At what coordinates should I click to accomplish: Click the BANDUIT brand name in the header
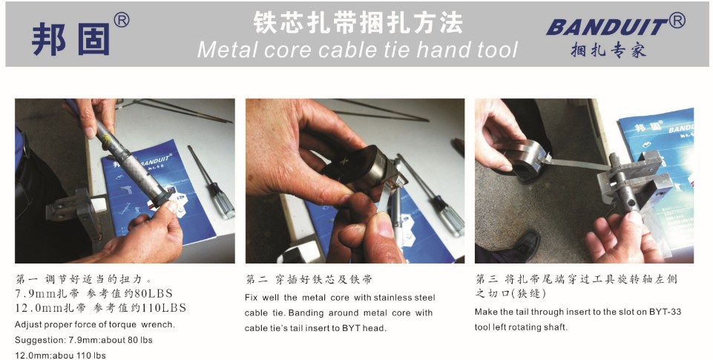click(607, 27)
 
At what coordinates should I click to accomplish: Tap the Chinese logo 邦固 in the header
click(71, 39)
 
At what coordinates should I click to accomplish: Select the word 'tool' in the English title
click(497, 50)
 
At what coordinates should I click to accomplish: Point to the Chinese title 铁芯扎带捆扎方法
click(358, 22)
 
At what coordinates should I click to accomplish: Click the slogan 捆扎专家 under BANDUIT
click(608, 49)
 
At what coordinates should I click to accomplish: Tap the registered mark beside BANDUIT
click(677, 21)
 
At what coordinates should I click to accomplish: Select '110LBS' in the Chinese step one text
click(164, 308)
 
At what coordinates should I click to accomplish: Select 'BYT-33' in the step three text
click(665, 312)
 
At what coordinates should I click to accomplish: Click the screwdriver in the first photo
click(212, 182)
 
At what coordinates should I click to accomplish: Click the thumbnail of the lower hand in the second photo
click(384, 226)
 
